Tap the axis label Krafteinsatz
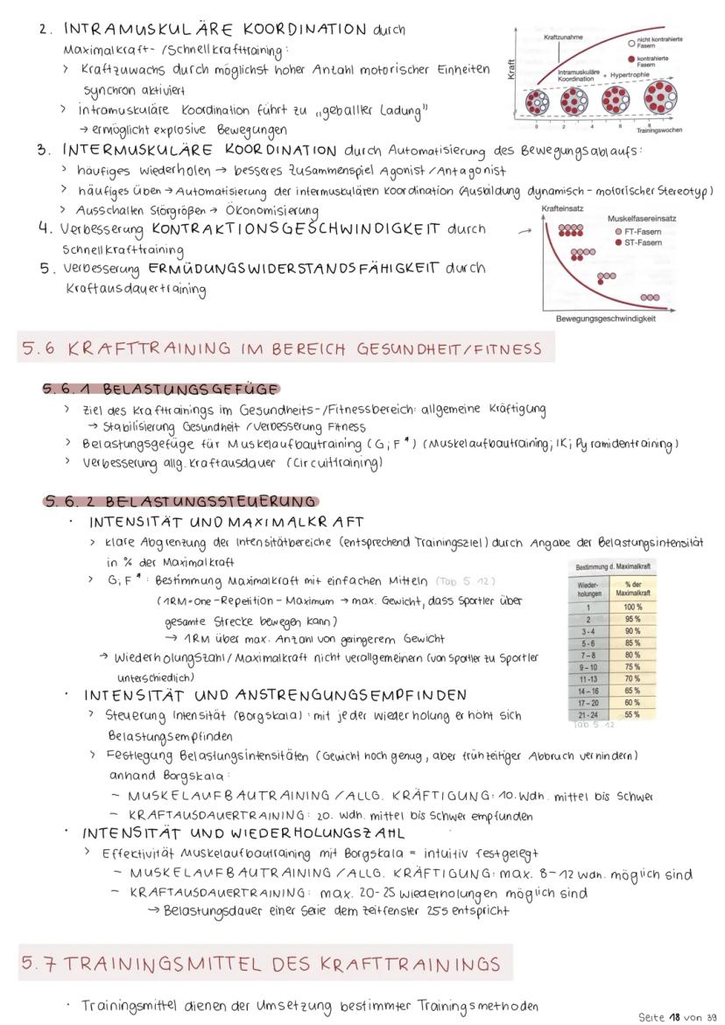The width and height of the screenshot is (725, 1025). (563, 208)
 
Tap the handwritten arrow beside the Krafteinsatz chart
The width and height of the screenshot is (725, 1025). (524, 231)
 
